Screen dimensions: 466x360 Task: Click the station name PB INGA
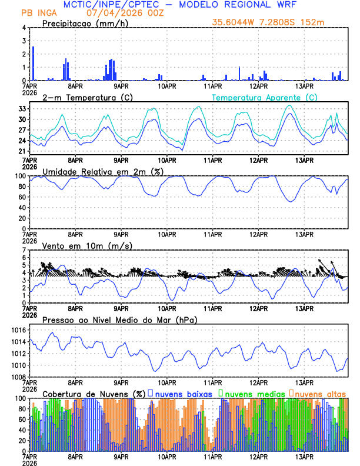point(38,13)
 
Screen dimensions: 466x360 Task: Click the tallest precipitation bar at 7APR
point(33,63)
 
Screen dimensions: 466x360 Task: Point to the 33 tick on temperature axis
point(21,109)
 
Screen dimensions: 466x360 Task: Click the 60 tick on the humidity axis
point(21,197)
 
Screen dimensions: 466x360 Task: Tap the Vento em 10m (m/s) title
point(79,245)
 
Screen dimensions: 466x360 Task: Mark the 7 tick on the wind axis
point(24,250)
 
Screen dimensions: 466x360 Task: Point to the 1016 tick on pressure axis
point(18,331)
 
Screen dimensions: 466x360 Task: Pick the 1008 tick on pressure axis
point(18,377)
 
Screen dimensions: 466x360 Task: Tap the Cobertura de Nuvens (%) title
point(94,393)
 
